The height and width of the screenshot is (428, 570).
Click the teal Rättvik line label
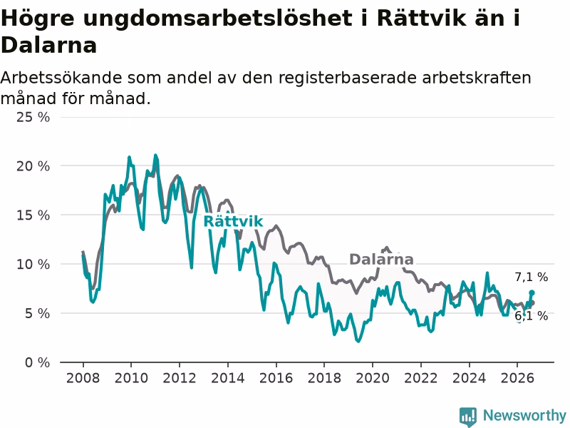(233, 221)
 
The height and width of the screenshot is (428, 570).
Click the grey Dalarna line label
(381, 260)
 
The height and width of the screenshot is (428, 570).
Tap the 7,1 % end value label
(531, 277)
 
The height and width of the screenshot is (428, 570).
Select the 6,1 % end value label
(531, 315)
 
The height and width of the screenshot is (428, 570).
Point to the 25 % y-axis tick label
(33, 117)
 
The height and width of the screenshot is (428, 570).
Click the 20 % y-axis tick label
(33, 166)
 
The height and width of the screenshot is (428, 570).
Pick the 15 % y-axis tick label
(33, 215)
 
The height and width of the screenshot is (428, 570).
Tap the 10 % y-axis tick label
(33, 264)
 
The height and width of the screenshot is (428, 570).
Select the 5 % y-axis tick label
(37, 313)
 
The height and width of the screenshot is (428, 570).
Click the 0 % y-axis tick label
(37, 362)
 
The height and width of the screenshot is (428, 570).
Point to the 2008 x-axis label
(83, 378)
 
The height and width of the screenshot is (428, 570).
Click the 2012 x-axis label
(180, 378)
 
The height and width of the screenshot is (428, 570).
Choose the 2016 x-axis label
(276, 378)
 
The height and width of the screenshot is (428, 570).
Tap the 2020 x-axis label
(372, 378)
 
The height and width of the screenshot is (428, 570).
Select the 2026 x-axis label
(517, 378)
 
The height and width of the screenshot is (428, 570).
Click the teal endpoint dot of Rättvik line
(532, 292)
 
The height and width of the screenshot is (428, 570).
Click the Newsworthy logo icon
(468, 416)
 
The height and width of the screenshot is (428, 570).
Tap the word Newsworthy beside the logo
(524, 415)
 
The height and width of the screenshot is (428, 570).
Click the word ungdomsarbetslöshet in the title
(217, 19)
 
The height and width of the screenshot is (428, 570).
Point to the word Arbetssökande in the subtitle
(60, 78)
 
